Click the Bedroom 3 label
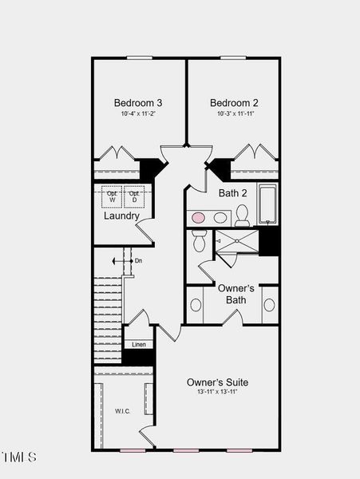(138, 103)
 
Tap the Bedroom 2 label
(234, 103)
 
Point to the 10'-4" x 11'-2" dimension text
(138, 114)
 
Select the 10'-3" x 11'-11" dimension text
(234, 114)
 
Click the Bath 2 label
(232, 193)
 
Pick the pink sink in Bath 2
(199, 217)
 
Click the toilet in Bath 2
(242, 215)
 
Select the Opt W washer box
(111, 196)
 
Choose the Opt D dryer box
(134, 196)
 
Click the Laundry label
(121, 216)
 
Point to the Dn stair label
(138, 260)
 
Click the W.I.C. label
(122, 411)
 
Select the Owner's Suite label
(217, 382)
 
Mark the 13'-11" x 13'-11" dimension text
(217, 392)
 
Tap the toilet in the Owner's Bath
(200, 239)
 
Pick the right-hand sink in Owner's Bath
(269, 305)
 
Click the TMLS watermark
(19, 457)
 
